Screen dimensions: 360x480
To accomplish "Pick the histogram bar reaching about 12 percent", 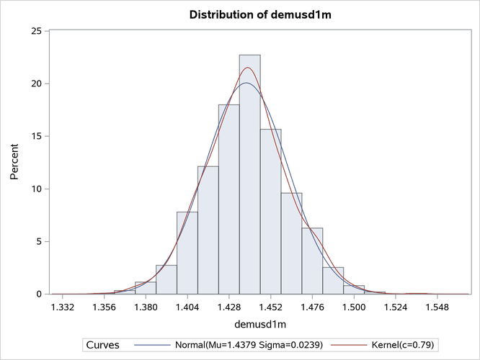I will point(208,230).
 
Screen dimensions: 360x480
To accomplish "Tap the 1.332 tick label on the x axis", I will point(63,307).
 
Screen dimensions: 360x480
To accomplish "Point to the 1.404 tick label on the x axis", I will point(187,307).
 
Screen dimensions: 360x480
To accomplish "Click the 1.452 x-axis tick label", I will point(270,307).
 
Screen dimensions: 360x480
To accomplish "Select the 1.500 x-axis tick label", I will point(353,307).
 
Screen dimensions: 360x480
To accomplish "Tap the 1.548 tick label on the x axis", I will point(436,307).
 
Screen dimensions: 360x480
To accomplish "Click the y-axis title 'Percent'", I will point(14,163).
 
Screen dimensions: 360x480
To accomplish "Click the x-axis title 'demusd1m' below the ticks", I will point(249,325).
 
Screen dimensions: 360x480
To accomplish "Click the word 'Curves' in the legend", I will point(103,345).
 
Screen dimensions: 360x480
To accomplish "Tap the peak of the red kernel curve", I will point(248,68).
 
